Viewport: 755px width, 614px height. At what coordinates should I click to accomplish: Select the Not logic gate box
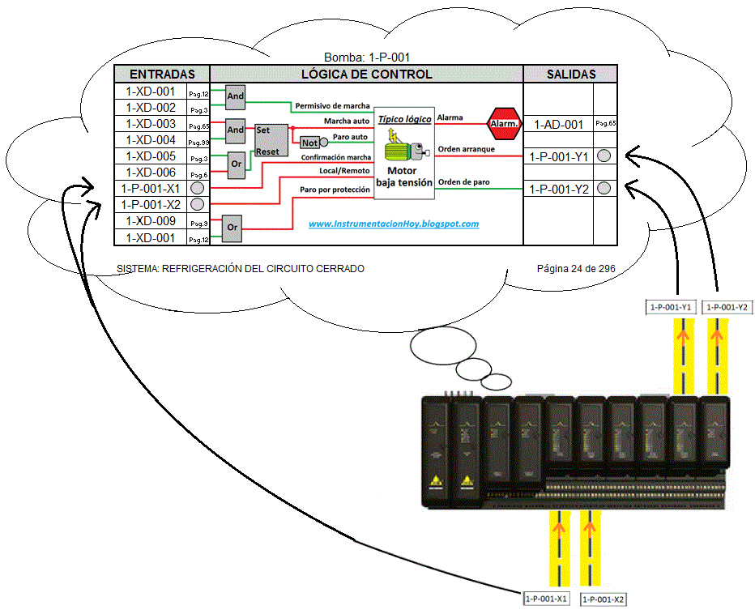(309, 143)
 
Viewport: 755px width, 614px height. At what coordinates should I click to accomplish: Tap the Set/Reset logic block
(269, 140)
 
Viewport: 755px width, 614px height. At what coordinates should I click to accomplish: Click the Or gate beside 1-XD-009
(232, 227)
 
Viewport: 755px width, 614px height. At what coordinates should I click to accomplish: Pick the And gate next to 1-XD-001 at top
(235, 96)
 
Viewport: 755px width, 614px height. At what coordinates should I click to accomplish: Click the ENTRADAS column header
(162, 74)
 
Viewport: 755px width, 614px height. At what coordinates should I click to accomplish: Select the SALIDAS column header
(571, 74)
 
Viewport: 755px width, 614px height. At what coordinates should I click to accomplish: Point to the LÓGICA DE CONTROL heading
(366, 74)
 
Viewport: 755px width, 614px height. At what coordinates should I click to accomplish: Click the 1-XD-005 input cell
(151, 156)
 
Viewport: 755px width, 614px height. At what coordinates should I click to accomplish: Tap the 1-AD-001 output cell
(559, 125)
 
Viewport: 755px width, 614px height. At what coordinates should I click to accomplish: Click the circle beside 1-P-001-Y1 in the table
(604, 156)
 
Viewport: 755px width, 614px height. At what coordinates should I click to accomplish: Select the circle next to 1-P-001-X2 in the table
(197, 204)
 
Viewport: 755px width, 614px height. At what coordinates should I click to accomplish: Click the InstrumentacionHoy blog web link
(393, 224)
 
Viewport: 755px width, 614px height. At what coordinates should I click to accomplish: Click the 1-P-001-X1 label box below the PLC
(546, 599)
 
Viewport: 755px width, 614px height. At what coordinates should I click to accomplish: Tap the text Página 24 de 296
(580, 268)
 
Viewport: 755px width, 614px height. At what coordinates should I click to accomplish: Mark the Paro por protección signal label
(335, 189)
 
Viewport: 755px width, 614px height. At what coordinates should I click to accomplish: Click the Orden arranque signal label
(466, 149)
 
